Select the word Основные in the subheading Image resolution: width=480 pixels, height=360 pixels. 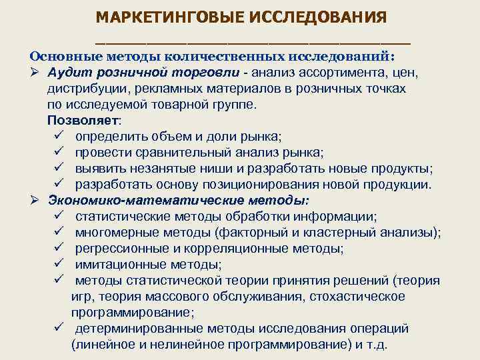click(63, 57)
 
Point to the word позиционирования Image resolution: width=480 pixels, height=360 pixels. click(277, 185)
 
